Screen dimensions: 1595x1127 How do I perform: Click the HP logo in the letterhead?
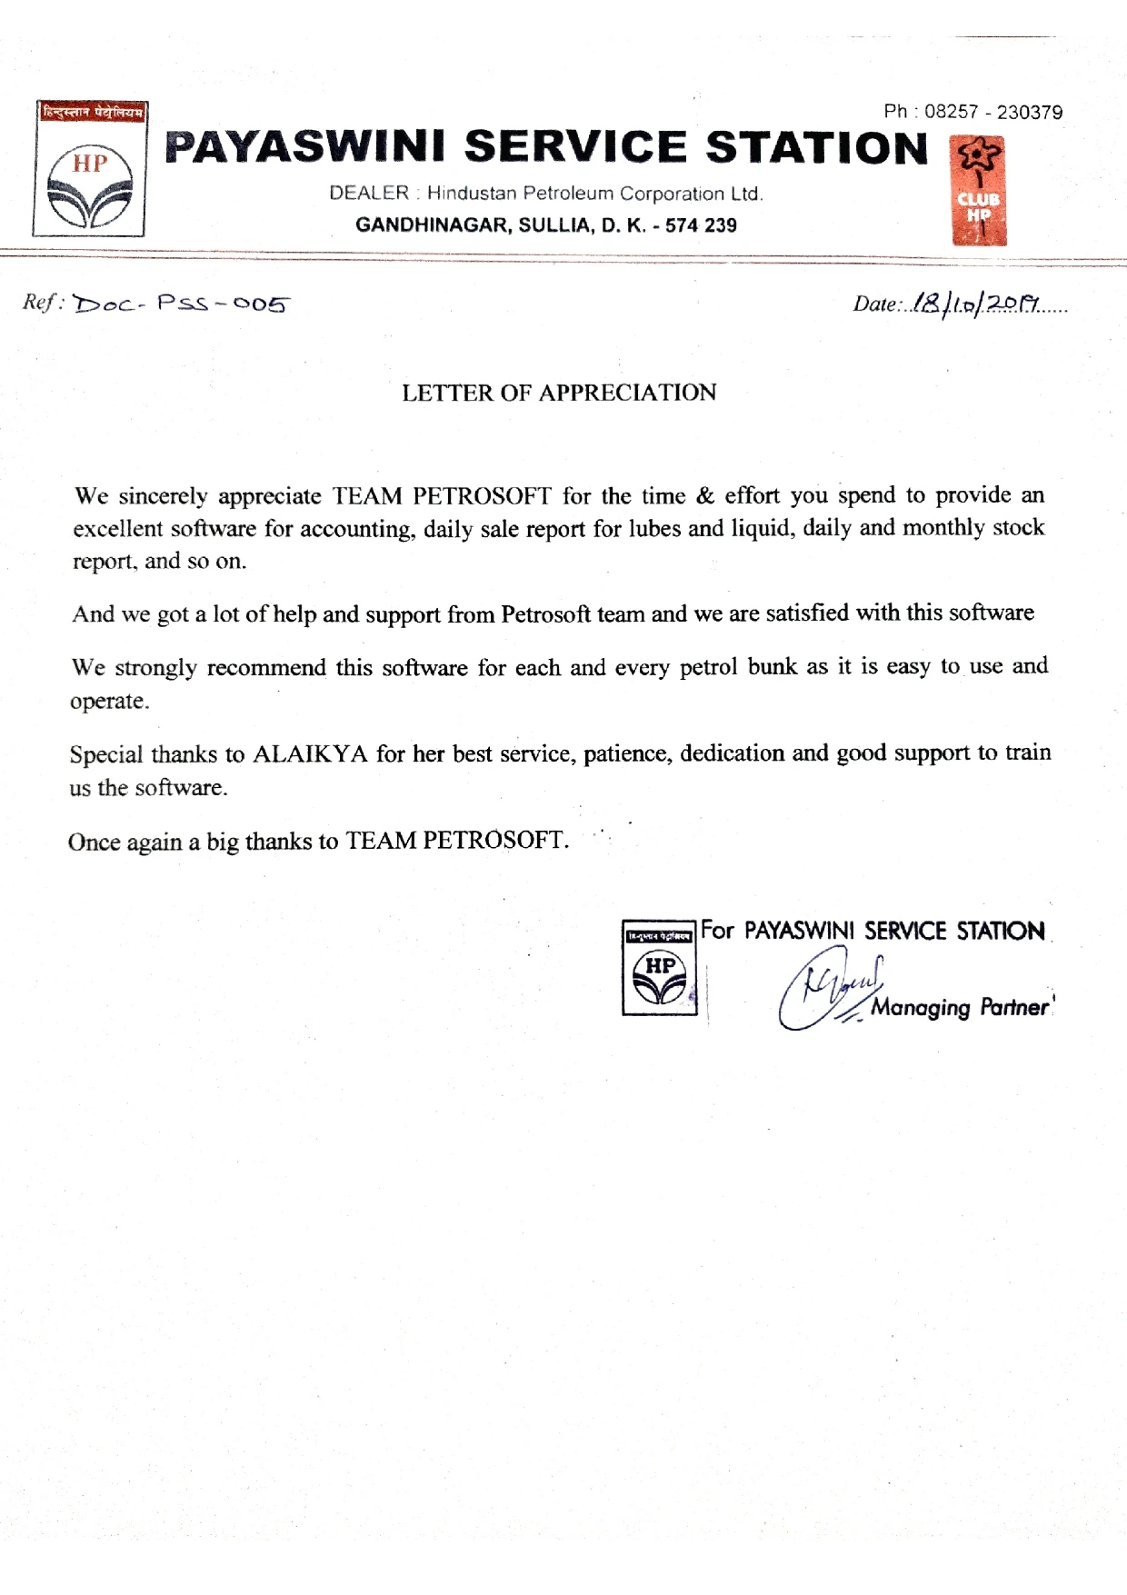[89, 170]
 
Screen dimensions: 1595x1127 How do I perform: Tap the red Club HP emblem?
[979, 192]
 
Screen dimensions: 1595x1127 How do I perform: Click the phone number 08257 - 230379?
[993, 112]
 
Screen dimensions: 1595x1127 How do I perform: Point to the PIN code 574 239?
[701, 225]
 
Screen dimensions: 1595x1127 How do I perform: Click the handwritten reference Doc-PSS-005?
[181, 304]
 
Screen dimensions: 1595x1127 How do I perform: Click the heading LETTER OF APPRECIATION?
[559, 393]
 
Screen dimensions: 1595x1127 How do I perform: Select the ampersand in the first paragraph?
[705, 495]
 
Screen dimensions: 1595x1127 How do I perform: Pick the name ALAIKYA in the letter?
[310, 754]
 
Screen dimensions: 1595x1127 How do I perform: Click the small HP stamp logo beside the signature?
[660, 967]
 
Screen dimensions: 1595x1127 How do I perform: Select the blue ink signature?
[827, 988]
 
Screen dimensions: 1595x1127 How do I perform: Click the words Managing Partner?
[960, 1008]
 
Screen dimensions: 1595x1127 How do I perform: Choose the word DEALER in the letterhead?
[369, 194]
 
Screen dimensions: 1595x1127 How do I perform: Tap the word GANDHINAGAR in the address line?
[432, 225]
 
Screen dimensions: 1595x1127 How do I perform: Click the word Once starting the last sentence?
[94, 842]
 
